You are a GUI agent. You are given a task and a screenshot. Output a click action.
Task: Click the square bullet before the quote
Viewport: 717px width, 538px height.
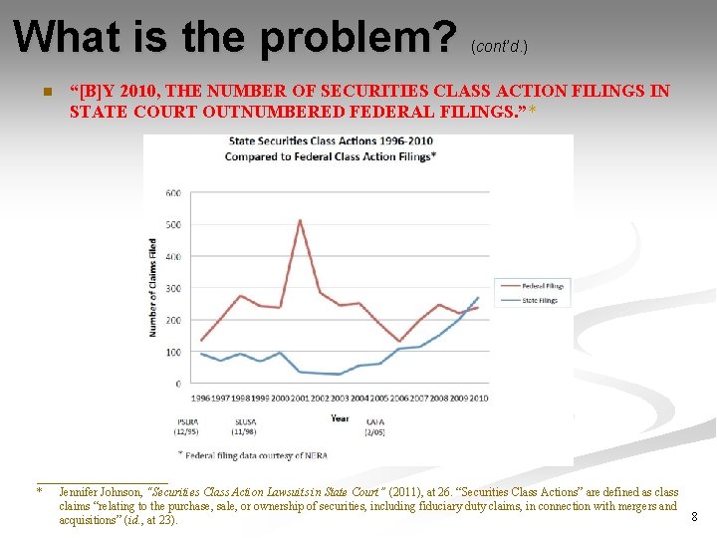[45, 93]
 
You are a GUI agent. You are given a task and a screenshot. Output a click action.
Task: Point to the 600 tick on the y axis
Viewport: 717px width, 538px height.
[172, 192]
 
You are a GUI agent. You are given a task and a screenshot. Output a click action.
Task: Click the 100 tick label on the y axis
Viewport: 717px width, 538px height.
[172, 352]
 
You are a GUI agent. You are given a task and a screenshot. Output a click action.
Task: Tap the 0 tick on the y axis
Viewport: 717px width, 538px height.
[178, 384]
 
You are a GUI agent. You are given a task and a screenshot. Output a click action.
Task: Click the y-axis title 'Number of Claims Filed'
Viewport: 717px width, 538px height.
[153, 287]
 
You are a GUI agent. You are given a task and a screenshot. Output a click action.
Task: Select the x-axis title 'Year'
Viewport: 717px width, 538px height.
[340, 418]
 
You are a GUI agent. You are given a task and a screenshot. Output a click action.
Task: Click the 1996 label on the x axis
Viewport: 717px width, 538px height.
[200, 399]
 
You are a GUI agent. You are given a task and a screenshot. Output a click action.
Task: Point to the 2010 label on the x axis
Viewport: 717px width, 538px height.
[478, 399]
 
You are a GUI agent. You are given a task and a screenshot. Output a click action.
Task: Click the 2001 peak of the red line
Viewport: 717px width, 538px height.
[300, 220]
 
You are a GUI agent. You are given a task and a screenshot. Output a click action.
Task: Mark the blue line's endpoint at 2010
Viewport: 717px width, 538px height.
[478, 297]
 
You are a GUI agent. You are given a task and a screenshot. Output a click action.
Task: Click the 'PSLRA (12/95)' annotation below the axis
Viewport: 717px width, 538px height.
[188, 425]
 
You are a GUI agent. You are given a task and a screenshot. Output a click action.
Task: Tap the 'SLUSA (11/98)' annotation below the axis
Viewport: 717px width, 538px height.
[244, 425]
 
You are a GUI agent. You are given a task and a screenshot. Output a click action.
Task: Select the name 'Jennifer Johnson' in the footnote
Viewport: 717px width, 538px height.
[100, 492]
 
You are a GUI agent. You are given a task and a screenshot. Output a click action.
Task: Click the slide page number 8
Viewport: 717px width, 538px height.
[694, 517]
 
